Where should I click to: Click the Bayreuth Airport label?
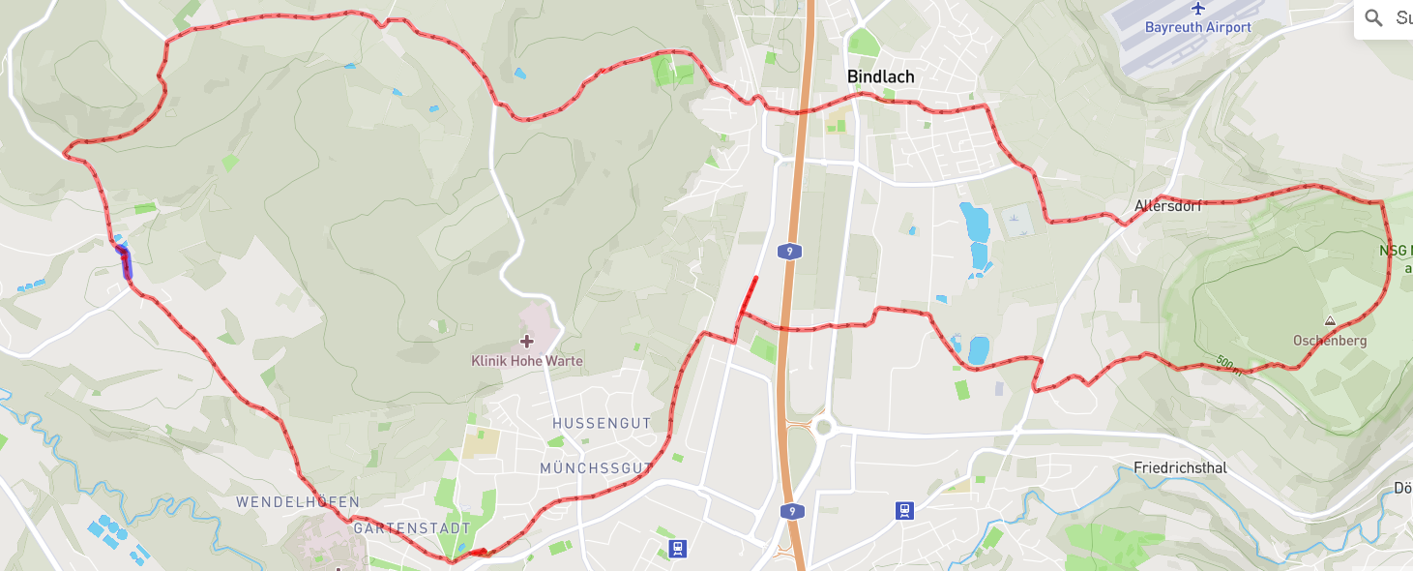pyautogui.click(x=1197, y=28)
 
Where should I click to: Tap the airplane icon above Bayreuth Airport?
pyautogui.click(x=1199, y=9)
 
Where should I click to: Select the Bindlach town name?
pyautogui.click(x=880, y=76)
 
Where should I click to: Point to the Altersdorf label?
pyautogui.click(x=1167, y=205)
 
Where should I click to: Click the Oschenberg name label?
pyautogui.click(x=1329, y=341)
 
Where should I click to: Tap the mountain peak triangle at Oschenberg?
pyautogui.click(x=1330, y=320)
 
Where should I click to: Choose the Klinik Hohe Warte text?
pyautogui.click(x=527, y=361)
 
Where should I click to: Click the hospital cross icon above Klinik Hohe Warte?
pyautogui.click(x=527, y=341)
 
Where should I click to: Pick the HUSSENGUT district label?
pyautogui.click(x=602, y=424)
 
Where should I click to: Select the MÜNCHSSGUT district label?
pyautogui.click(x=596, y=468)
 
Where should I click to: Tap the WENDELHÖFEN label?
pyautogui.click(x=298, y=502)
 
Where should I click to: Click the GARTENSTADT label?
pyautogui.click(x=412, y=528)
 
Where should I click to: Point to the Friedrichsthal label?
pyautogui.click(x=1180, y=468)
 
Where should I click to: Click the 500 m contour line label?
pyautogui.click(x=1228, y=365)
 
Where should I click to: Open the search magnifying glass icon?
pyautogui.click(x=1373, y=17)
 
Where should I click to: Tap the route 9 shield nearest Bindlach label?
pyautogui.click(x=790, y=252)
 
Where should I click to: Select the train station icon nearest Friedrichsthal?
pyautogui.click(x=905, y=510)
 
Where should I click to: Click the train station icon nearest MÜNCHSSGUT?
pyautogui.click(x=678, y=550)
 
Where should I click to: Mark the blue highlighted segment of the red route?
pyautogui.click(x=125, y=262)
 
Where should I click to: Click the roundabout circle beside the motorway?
pyautogui.click(x=823, y=427)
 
